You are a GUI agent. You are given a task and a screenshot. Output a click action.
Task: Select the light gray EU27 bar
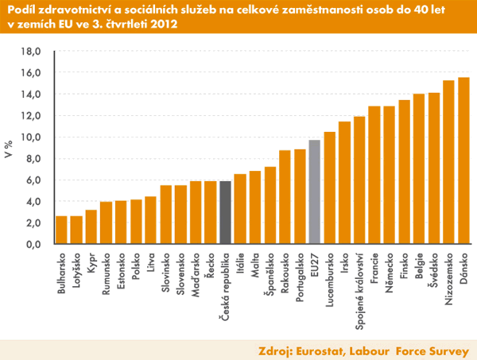pos(315,192)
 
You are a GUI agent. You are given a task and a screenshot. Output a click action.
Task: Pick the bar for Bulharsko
pos(61,230)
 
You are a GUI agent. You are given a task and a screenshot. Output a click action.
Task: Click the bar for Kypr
pos(91,226)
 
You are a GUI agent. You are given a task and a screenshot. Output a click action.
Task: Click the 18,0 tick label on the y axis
pos(30,52)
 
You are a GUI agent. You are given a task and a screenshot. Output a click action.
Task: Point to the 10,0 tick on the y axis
pos(30,137)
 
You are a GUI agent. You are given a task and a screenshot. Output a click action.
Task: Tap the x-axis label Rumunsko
pos(106,275)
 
